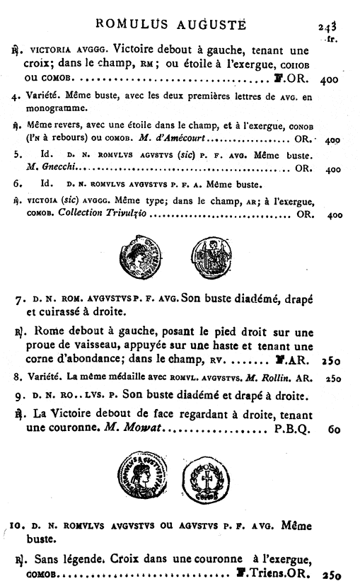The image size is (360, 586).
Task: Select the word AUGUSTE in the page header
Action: [x=214, y=24]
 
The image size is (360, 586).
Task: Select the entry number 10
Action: [x=17, y=527]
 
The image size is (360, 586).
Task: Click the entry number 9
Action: [x=18, y=395]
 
